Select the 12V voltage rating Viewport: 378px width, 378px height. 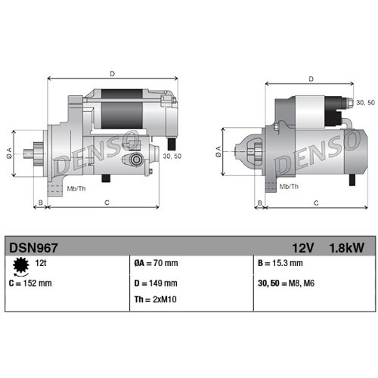click(x=305, y=246)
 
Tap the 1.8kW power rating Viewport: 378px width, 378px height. click(x=345, y=246)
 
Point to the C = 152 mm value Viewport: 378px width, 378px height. click(x=30, y=283)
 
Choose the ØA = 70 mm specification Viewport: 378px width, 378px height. click(x=156, y=264)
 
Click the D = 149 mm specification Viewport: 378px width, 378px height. click(x=156, y=283)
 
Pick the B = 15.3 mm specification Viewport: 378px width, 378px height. click(x=280, y=264)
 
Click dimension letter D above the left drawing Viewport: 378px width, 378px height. click(x=112, y=73)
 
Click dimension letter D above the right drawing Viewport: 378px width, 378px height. click(x=310, y=78)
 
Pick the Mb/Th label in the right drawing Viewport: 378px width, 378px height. click(x=288, y=184)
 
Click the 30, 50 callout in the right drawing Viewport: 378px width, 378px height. click(x=364, y=101)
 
